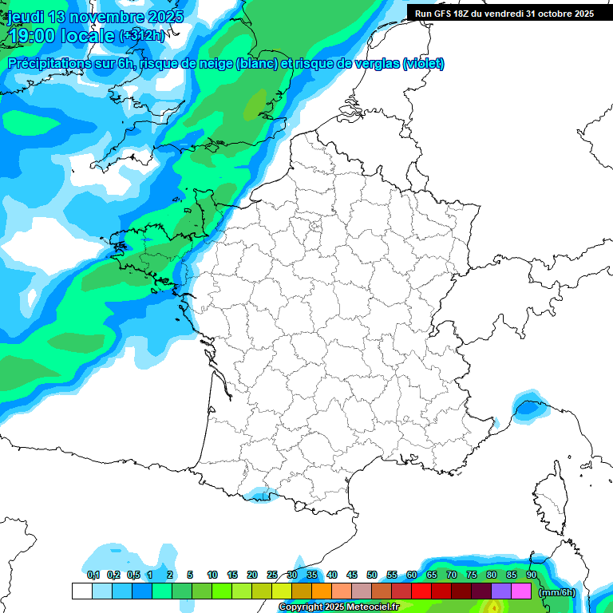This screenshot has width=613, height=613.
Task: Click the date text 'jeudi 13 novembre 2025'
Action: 95,17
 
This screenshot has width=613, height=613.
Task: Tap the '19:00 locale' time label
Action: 61,36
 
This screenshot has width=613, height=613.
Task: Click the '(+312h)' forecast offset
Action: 142,36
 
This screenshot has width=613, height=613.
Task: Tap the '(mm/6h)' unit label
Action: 557,591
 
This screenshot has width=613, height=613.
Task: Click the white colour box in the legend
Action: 81,591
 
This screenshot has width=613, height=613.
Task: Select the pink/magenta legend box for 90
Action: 521,591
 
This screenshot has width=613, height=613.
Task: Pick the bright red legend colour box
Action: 421,591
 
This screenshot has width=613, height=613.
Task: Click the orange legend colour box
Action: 322,591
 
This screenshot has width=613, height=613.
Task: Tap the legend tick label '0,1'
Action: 93,575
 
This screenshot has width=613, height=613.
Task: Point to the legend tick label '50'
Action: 372,575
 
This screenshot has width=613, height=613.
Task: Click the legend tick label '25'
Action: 272,575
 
